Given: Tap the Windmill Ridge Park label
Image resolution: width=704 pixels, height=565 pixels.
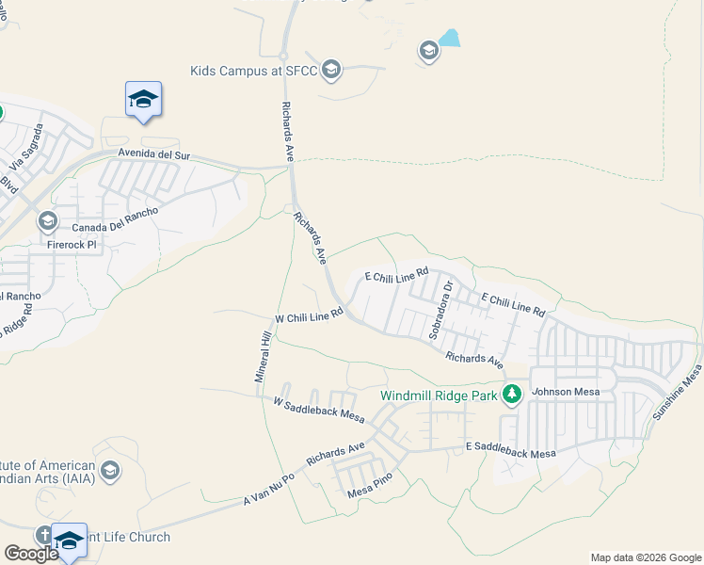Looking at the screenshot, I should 438,395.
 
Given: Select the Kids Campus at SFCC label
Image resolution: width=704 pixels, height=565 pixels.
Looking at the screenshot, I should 253,70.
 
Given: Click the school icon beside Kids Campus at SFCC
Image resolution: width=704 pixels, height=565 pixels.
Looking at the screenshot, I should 330,69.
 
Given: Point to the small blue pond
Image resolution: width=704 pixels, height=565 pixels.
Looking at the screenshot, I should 450,39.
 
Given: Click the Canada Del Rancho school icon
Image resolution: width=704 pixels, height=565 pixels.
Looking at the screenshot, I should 47,222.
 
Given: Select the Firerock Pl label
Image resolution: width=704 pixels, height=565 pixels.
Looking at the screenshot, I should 72,244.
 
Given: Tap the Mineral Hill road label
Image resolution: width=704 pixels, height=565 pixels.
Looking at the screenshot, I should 264,356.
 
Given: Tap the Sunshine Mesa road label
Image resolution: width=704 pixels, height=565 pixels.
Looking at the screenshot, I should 679,393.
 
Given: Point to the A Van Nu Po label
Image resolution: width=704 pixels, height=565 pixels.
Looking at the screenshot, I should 269,488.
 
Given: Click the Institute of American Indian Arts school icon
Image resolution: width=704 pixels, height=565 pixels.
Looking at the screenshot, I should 109,471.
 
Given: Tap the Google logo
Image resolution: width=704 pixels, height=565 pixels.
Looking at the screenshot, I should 31,553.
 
